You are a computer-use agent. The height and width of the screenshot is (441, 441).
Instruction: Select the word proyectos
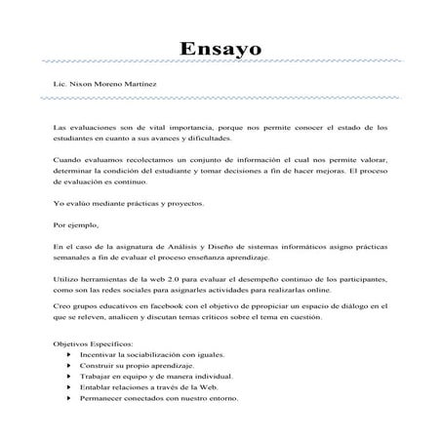183,203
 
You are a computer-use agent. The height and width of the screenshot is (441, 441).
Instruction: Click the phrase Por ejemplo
75,225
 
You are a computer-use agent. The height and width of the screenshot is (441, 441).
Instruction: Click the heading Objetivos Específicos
97,344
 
